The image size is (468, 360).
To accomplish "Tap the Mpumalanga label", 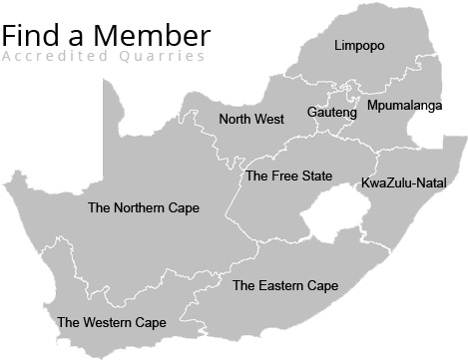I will [404, 105].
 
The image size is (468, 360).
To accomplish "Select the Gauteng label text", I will [332, 113].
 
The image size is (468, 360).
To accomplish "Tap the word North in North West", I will [234, 119].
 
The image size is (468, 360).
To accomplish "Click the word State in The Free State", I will [316, 177].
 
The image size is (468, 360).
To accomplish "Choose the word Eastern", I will [282, 286].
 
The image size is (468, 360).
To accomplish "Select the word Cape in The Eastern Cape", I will [323, 286].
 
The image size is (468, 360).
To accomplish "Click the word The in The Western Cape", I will [69, 323].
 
